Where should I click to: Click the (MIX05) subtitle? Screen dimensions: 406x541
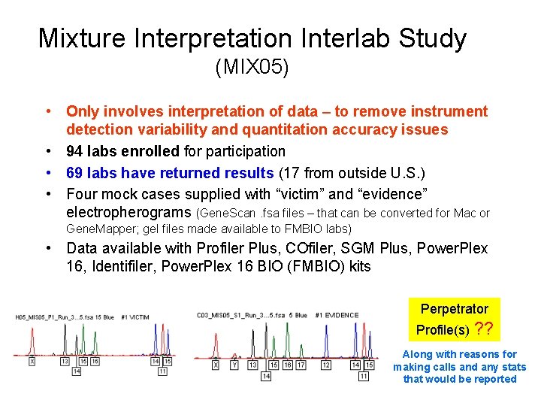[x=252, y=68]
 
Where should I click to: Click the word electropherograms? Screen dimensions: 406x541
[x=129, y=213]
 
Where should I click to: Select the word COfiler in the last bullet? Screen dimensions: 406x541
[x=304, y=249]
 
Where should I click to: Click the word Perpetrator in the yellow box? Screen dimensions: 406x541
[x=454, y=309]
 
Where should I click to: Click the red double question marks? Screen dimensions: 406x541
[x=485, y=329]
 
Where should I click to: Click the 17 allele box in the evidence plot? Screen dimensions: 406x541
[x=301, y=365]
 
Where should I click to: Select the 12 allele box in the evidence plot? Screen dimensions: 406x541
[x=326, y=365]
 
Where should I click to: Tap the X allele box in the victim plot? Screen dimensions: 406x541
[x=32, y=362]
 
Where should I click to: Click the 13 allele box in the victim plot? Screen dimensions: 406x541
[x=65, y=362]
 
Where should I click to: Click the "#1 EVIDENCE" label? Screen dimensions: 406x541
[x=337, y=315]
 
